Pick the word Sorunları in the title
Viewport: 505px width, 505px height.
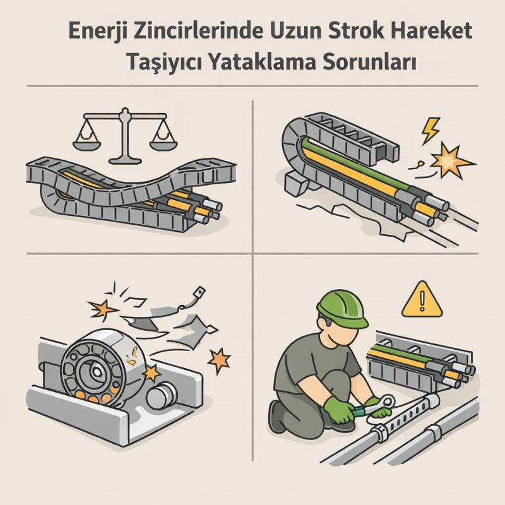point(369,61)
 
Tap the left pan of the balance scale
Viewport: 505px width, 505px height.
point(86,145)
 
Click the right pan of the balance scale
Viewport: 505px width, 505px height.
point(163,145)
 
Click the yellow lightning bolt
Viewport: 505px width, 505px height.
point(431,130)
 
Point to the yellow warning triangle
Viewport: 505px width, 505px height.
point(422,299)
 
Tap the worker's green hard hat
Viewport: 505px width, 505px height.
point(343,309)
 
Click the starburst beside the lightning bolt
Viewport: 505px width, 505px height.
point(449,160)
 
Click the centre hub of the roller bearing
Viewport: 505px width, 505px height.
point(96,372)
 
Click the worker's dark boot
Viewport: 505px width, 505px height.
point(278,416)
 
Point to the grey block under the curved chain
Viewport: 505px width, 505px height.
point(296,184)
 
